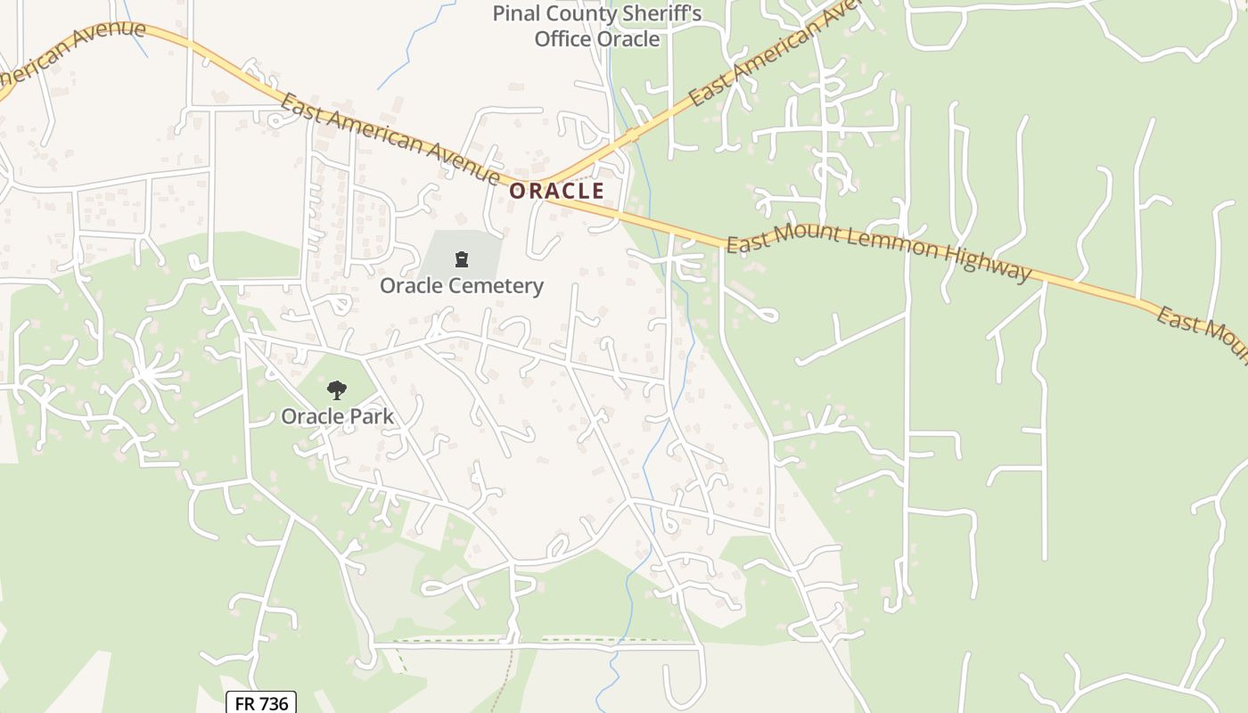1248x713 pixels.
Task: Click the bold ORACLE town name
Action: coord(556,191)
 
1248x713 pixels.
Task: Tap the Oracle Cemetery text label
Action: coord(461,286)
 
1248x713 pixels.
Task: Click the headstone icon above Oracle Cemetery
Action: coord(461,259)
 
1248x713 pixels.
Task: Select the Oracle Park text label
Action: coord(337,416)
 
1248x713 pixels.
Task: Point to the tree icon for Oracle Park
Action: coord(336,389)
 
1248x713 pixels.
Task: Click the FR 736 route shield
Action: coord(260,703)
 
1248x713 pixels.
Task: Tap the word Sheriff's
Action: coord(660,14)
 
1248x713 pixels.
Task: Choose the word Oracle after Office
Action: coord(628,39)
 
